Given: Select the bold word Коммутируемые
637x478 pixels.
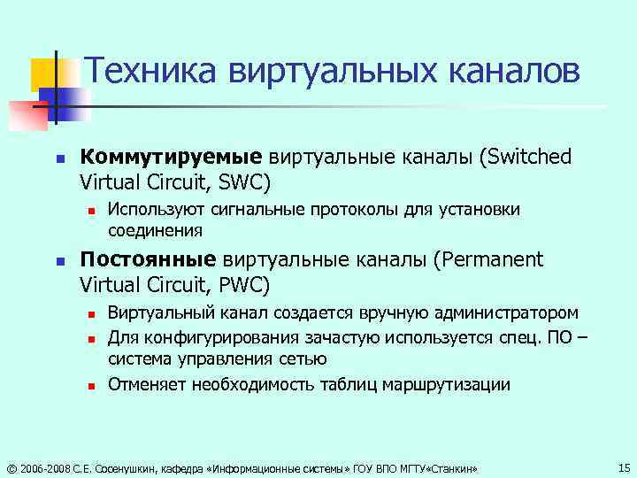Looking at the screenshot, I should (x=172, y=158).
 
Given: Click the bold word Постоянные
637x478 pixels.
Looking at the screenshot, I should (x=148, y=260).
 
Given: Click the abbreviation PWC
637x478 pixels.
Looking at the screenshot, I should (x=242, y=286).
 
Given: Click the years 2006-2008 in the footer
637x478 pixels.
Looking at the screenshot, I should (x=42, y=467).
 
